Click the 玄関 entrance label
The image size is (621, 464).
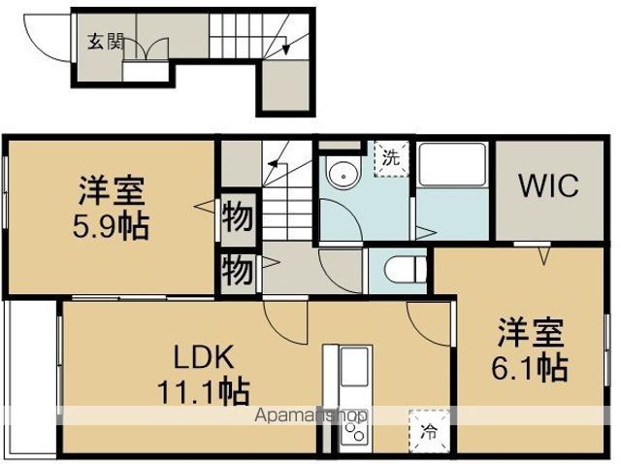pos(106,42)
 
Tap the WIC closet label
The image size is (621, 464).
pos(549,185)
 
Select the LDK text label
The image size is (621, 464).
pos(204,357)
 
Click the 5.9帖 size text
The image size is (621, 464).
pos(111,226)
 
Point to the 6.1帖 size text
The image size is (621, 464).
pos(530,368)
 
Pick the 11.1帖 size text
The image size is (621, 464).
pos(204,391)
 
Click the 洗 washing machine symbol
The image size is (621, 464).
pos(391,158)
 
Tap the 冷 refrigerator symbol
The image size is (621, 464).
pos(429,431)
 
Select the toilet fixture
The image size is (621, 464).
pos(405,270)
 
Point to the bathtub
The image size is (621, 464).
pos(452,164)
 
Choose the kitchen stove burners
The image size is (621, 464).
pos(355,432)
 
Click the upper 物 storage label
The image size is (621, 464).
pos(237,217)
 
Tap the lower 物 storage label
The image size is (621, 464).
pos(237,270)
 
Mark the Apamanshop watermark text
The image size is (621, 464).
pos(310,415)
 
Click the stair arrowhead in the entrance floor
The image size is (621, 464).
pos(286,49)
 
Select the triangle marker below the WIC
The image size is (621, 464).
pos(544,255)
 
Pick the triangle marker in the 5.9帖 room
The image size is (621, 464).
pos(205,206)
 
